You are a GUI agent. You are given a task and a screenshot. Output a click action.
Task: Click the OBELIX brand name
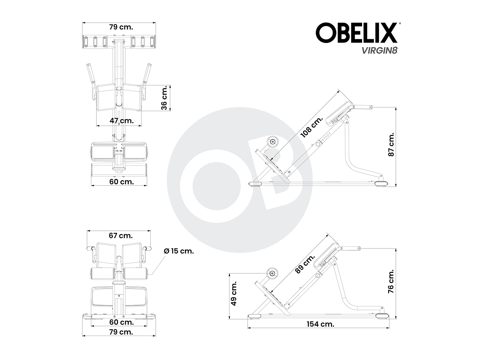click(x=356, y=33)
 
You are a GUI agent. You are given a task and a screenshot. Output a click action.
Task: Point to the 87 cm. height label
click(x=391, y=145)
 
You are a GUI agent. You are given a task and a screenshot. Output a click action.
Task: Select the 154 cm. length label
click(x=320, y=324)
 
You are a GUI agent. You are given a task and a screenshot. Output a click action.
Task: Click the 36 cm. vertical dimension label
click(x=164, y=98)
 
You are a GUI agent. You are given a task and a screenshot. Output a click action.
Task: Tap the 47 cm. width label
click(x=121, y=120)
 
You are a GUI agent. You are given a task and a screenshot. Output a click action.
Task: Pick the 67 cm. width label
click(x=120, y=235)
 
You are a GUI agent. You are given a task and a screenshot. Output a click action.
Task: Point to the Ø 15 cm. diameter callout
click(x=179, y=251)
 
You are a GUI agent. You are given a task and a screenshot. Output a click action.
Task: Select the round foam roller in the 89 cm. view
click(x=272, y=274)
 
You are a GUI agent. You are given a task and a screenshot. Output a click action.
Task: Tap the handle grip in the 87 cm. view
click(x=365, y=108)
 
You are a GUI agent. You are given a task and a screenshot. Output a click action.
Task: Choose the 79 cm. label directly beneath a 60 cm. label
click(x=121, y=332)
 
